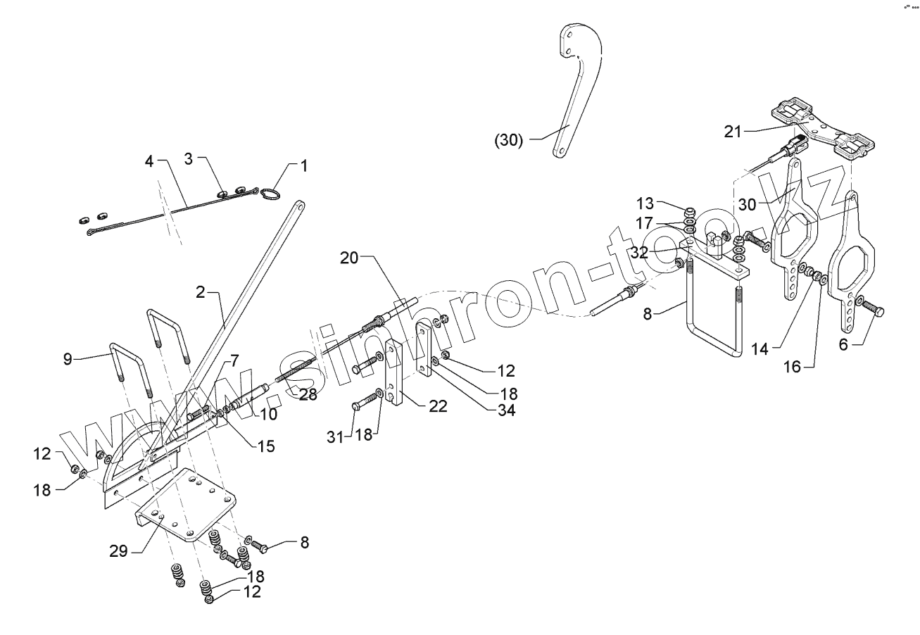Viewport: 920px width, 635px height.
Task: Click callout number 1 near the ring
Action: coord(304,167)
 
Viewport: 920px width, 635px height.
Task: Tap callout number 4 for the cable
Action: coord(149,161)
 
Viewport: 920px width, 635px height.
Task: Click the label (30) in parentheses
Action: coord(509,140)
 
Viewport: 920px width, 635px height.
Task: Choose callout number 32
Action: coord(639,251)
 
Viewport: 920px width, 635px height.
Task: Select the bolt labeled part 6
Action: coord(873,309)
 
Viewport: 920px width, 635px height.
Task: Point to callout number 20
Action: coord(350,258)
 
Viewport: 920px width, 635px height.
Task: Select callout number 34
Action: coord(506,410)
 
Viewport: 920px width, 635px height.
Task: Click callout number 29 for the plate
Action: coord(119,551)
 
